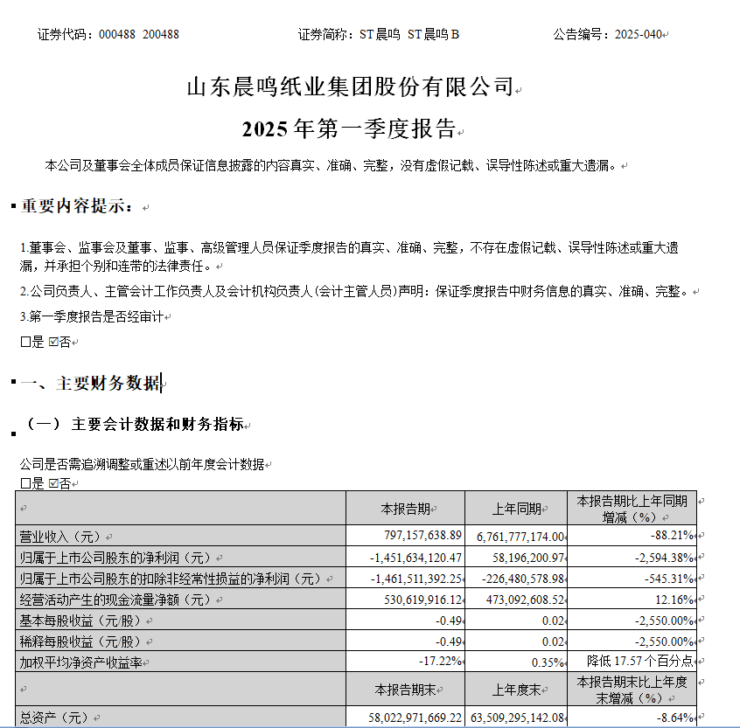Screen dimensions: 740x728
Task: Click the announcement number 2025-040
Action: tap(638, 35)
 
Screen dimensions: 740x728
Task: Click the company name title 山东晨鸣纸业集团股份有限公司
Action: tap(350, 87)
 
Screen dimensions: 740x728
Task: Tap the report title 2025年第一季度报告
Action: tap(349, 130)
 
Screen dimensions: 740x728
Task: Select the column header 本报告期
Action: tap(405, 509)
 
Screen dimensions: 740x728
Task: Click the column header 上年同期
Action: tap(517, 509)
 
